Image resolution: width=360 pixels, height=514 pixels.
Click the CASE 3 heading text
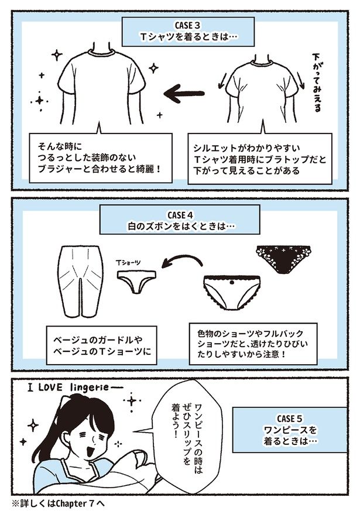tap(188, 25)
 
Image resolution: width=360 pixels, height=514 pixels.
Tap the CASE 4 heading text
tap(180, 215)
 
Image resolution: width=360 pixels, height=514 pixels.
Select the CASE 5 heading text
tap(290, 419)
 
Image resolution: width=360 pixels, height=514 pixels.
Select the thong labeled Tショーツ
tap(136, 280)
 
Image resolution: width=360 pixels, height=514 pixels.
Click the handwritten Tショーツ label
tap(128, 263)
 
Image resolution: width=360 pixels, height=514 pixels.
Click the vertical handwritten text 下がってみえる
tap(316, 81)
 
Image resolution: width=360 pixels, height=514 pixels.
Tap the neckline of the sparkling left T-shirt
tap(102, 53)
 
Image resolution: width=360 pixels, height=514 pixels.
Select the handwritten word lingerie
tap(89, 388)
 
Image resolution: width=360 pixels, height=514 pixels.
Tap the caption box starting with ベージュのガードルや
tap(102, 345)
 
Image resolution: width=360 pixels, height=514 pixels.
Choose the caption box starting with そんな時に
tap(101, 157)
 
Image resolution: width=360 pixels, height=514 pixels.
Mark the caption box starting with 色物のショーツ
tap(253, 344)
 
